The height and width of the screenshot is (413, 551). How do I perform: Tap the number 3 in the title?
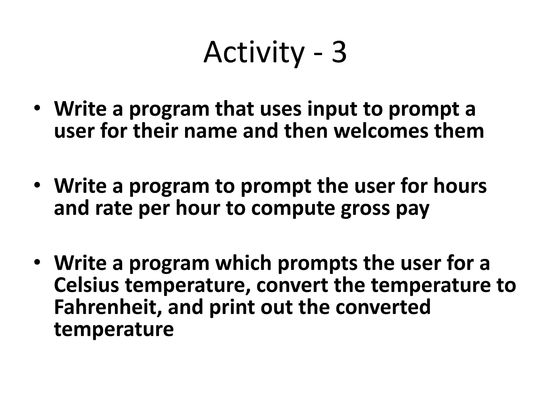339,53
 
